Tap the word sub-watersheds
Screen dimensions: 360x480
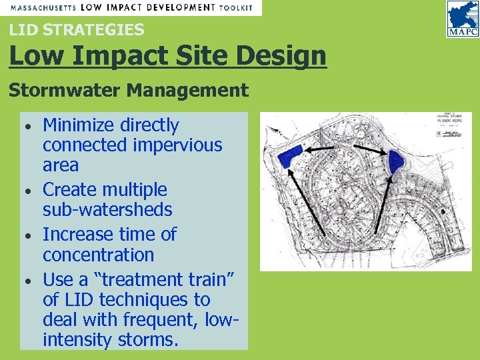(107, 210)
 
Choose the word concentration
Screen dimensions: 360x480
(98, 255)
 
